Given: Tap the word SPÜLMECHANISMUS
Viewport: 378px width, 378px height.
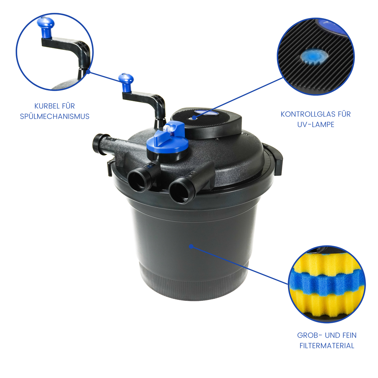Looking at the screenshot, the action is pyautogui.click(x=55, y=117).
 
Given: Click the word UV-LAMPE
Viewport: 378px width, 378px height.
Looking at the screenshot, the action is pyautogui.click(x=316, y=124).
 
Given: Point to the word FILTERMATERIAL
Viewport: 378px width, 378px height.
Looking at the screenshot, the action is pyautogui.click(x=327, y=346).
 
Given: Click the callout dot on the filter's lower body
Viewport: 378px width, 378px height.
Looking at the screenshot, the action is pyautogui.click(x=191, y=246).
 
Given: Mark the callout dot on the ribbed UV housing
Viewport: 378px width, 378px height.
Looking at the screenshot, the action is pyautogui.click(x=194, y=118).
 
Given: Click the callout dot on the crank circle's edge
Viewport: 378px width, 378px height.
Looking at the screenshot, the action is pyautogui.click(x=88, y=72).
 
